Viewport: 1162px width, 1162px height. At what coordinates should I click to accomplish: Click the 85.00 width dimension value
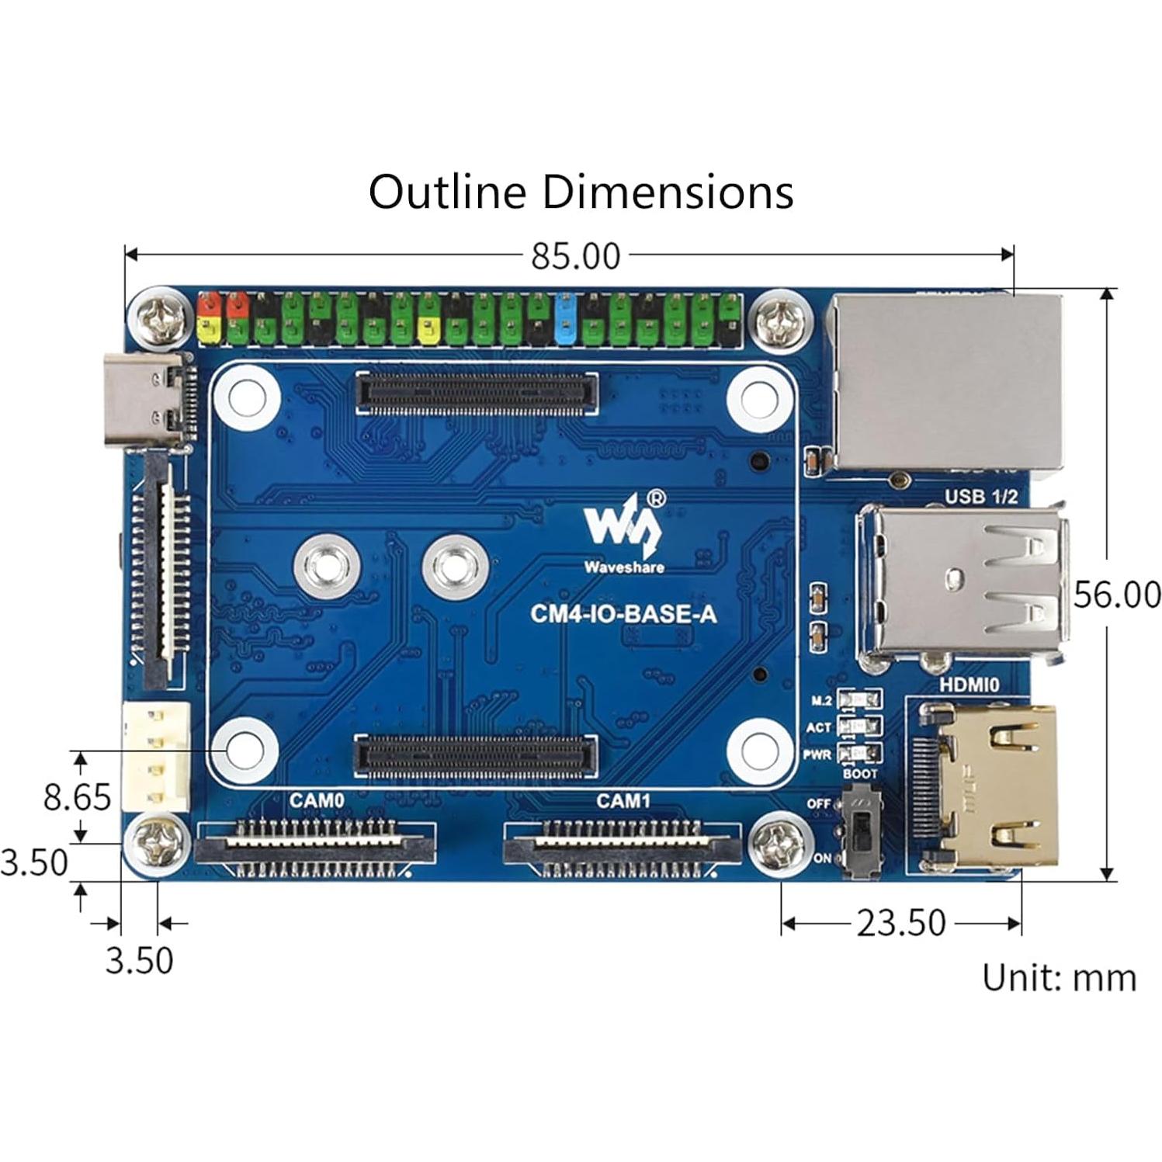(x=575, y=256)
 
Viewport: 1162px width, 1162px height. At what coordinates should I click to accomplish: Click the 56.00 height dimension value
(x=1116, y=595)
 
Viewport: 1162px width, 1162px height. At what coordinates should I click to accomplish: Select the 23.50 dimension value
(x=900, y=923)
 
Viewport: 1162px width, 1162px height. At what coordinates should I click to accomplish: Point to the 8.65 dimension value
(x=77, y=796)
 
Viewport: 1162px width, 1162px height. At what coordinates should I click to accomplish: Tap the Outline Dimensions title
(x=581, y=192)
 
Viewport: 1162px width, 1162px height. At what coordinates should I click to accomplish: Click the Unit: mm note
(x=1058, y=977)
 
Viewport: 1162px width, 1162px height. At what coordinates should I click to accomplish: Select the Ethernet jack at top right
(x=945, y=382)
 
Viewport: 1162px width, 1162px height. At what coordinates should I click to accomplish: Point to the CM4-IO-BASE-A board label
(x=623, y=614)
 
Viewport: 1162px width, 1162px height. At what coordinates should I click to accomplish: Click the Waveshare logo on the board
(x=624, y=532)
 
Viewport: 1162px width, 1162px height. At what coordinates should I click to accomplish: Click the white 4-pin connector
(x=155, y=756)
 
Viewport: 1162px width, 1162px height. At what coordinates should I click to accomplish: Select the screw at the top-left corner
(x=160, y=318)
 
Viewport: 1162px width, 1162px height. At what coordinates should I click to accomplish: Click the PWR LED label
(x=817, y=754)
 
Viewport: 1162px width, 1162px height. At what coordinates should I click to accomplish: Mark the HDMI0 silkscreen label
(x=969, y=685)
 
